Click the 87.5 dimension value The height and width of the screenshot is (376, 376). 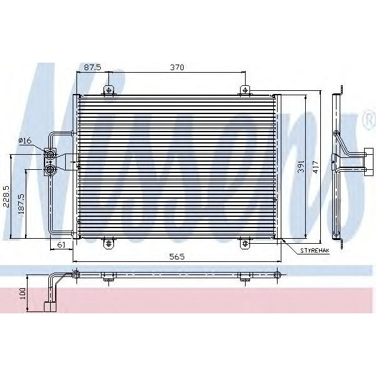click(x=93, y=67)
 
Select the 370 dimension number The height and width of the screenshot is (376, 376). click(x=176, y=67)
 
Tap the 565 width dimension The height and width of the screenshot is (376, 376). click(x=176, y=256)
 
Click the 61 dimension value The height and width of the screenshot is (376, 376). click(x=61, y=244)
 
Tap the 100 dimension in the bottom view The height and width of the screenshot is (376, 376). click(x=23, y=292)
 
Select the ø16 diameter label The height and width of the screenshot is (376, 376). click(x=26, y=141)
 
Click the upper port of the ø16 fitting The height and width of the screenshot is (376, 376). click(x=50, y=154)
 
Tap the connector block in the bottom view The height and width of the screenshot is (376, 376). click(x=49, y=306)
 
